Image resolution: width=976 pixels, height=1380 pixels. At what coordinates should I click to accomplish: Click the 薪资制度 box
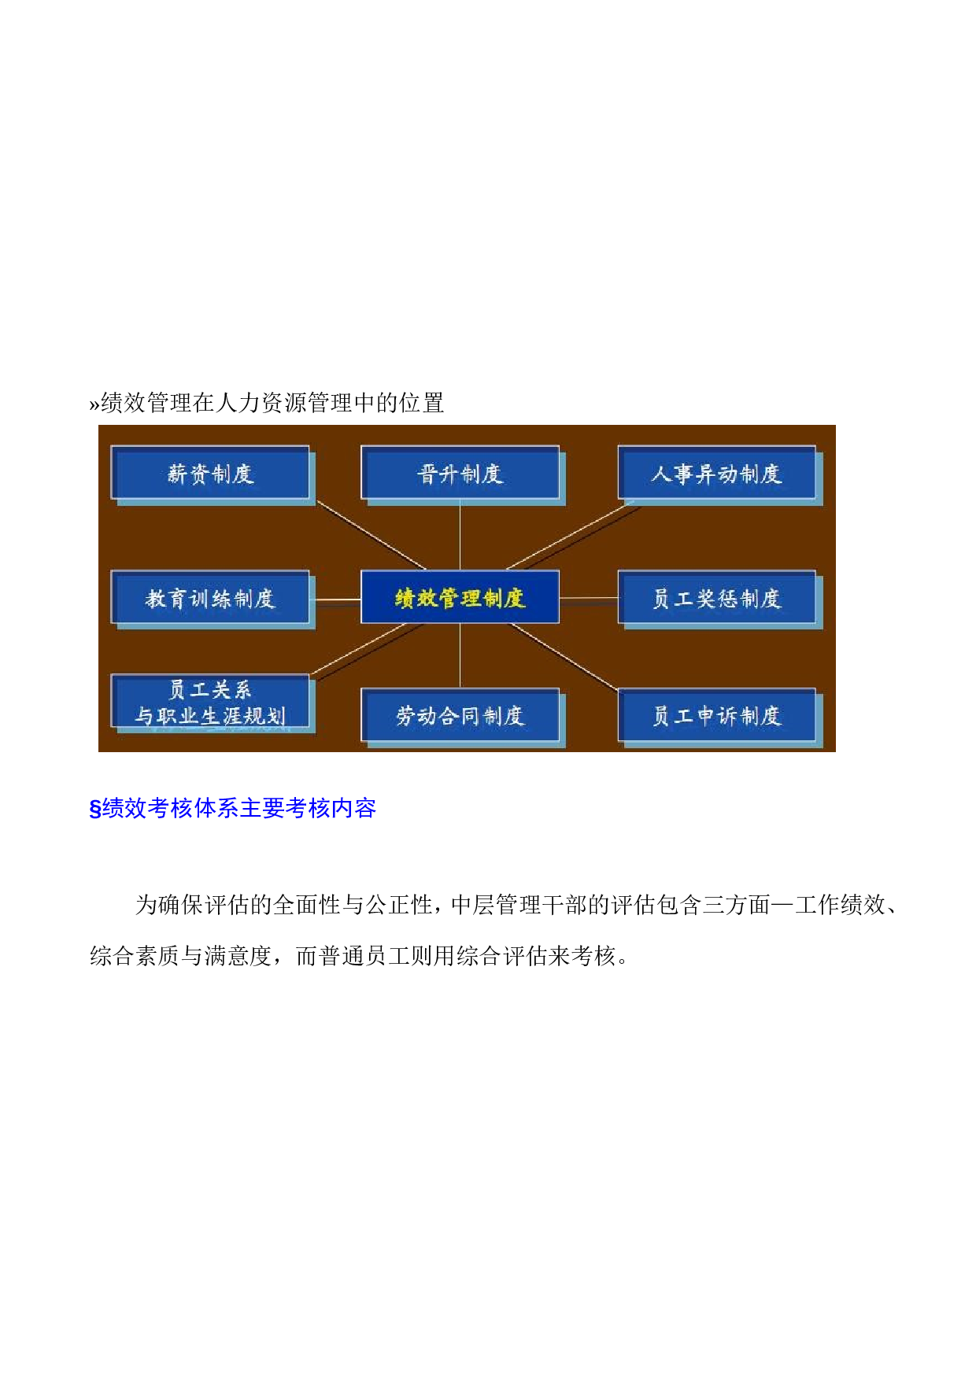click(x=210, y=473)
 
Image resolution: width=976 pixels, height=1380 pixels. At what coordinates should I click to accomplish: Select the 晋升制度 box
click(x=460, y=473)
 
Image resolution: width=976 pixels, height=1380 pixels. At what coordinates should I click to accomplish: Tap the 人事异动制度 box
click(x=717, y=473)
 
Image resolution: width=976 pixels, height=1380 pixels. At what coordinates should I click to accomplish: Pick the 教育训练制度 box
click(x=210, y=598)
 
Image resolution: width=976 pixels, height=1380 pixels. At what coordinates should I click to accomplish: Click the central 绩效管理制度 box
click(x=460, y=597)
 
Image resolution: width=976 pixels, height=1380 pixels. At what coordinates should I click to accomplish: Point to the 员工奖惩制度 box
click(x=717, y=598)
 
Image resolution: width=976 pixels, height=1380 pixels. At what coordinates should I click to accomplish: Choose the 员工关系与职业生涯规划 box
click(x=210, y=702)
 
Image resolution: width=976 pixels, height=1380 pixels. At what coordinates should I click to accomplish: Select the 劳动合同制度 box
click(x=460, y=715)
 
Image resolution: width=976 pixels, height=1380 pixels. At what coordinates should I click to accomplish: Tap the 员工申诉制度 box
click(x=717, y=715)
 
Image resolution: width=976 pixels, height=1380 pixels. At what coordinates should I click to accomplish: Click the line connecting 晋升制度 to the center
click(x=460, y=535)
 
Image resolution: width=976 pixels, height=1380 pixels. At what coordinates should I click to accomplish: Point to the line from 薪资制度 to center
click(x=371, y=535)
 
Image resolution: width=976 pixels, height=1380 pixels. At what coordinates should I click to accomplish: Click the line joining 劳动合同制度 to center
click(x=460, y=656)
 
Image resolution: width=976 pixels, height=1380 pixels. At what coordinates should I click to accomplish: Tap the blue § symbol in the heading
click(x=95, y=809)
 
